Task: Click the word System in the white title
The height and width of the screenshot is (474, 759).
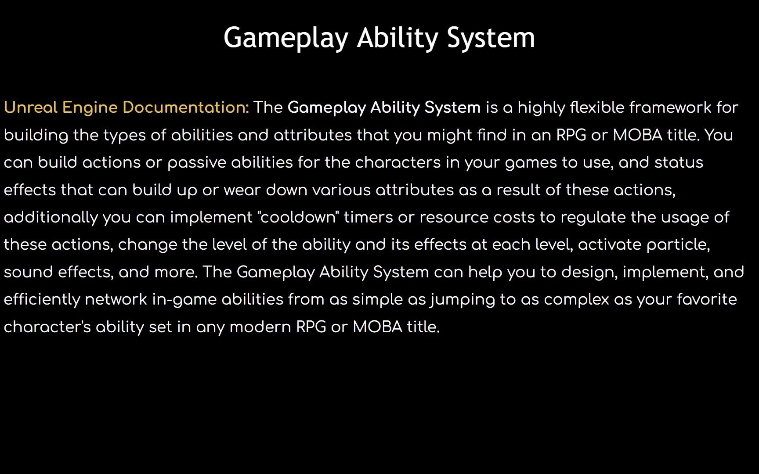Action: point(491,38)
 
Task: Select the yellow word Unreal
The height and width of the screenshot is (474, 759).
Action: point(31,108)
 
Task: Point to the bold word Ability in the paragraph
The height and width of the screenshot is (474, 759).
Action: point(395,108)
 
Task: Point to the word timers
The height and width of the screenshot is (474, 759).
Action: point(368,217)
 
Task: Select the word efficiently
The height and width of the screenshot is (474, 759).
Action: point(42,299)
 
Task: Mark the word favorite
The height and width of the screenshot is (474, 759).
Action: point(707,299)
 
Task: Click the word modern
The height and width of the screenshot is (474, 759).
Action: point(260,327)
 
